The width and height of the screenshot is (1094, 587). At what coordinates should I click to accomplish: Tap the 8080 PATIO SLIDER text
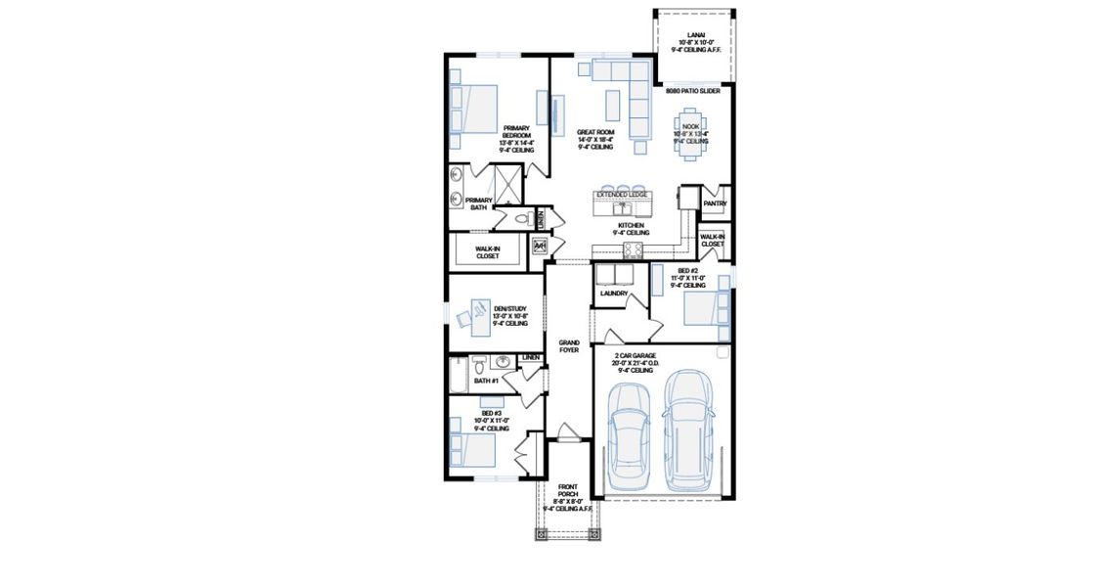tap(693, 91)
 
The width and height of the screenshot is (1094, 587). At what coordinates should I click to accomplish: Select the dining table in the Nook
tap(691, 133)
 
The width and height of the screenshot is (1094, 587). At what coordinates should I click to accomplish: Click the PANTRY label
tap(715, 203)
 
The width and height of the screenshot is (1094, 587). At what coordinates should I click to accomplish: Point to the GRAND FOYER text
tap(569, 345)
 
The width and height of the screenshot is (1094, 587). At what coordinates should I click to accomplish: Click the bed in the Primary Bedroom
tap(474, 108)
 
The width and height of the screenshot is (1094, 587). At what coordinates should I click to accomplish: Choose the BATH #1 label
tap(486, 380)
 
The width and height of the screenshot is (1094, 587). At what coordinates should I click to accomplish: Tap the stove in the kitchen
tap(634, 249)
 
